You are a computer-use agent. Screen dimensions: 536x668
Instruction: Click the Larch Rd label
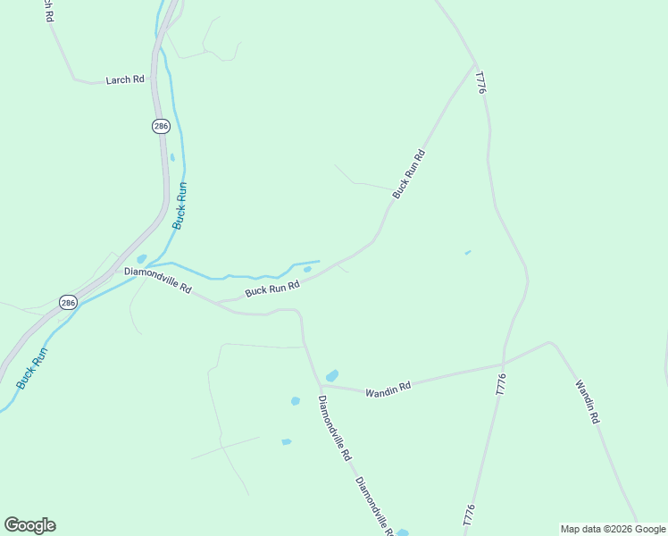[125, 80]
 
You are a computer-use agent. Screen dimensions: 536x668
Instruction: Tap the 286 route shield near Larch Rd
[161, 127]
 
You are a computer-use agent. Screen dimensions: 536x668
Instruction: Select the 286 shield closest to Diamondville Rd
[69, 303]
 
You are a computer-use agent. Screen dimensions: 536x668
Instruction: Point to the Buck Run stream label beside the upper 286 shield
[180, 205]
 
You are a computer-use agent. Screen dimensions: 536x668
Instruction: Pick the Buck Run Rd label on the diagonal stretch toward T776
[408, 174]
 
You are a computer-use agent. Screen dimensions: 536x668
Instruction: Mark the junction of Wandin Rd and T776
[504, 363]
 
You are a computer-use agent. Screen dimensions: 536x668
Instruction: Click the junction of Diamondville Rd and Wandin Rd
[320, 386]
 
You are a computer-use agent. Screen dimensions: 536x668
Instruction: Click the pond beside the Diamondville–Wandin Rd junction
[332, 375]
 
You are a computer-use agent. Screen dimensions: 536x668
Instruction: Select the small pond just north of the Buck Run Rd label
[307, 269]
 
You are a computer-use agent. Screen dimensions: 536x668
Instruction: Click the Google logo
[29, 525]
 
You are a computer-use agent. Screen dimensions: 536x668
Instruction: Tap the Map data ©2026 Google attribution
[613, 529]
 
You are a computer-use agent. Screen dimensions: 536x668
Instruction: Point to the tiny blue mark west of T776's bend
[467, 253]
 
